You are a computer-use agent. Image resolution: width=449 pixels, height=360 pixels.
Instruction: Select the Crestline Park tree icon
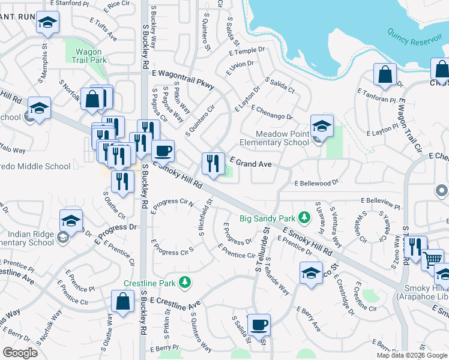pyautogui.click(x=186, y=282)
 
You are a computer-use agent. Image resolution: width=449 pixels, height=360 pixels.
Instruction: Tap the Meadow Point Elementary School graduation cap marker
pyautogui.click(x=322, y=127)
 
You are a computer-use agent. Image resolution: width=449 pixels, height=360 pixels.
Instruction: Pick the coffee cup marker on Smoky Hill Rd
pyautogui.click(x=162, y=151)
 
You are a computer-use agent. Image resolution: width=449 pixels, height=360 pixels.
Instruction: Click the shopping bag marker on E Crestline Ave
pyautogui.click(x=123, y=302)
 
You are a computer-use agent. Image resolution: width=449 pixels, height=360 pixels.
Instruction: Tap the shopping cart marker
pyautogui.click(x=433, y=259)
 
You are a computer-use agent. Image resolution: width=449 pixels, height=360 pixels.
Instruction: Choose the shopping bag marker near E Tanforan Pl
pyautogui.click(x=385, y=75)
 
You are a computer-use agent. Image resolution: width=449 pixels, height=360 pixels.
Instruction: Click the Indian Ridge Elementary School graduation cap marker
pyautogui.click(x=71, y=221)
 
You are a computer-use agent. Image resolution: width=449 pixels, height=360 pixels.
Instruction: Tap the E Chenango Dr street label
pyautogui.click(x=271, y=112)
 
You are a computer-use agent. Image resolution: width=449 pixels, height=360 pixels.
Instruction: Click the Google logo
pyautogui.click(x=20, y=353)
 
